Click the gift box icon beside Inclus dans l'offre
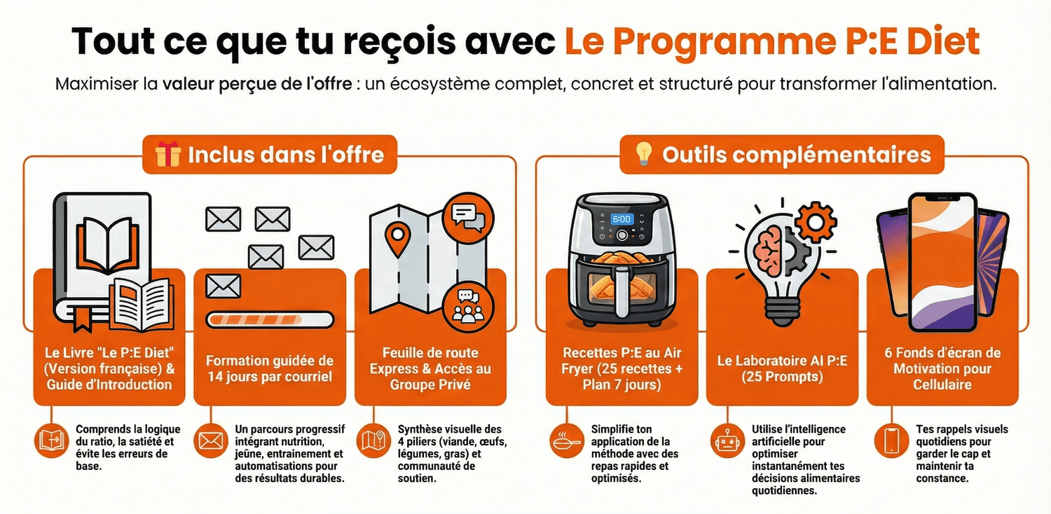[x=167, y=154]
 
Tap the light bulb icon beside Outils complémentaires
[x=643, y=153]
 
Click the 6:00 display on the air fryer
[x=621, y=219]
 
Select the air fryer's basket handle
[x=623, y=291]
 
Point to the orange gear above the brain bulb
[x=816, y=222]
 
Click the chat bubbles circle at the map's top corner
[x=467, y=218]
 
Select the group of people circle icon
[x=467, y=307]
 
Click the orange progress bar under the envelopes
[x=270, y=320]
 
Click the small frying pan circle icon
[x=567, y=441]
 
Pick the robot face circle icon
[x=727, y=441]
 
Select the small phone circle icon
[x=891, y=441]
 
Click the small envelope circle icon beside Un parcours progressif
[x=211, y=441]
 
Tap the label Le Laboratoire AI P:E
[x=782, y=361]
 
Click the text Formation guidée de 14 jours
[x=270, y=368]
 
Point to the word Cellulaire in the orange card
[x=942, y=384]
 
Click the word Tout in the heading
[x=113, y=41]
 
